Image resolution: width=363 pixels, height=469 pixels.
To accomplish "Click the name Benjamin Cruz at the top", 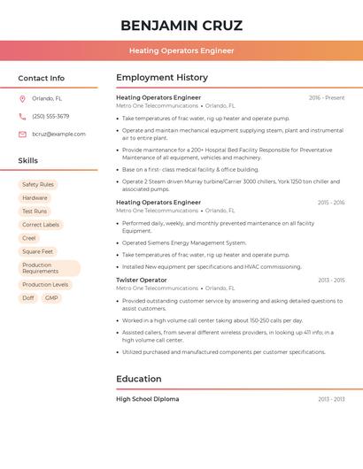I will (x=181, y=25).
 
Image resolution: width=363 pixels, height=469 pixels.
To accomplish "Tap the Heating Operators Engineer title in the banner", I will (x=181, y=50).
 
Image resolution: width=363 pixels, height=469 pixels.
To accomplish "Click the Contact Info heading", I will (x=42, y=78).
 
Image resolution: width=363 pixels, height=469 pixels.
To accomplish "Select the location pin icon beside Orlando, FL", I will (x=22, y=99).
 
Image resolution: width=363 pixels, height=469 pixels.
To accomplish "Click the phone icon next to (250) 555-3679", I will (x=22, y=116).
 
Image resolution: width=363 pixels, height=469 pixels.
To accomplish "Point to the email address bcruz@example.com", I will (x=58, y=134).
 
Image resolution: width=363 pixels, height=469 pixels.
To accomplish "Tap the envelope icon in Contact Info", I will (x=22, y=134).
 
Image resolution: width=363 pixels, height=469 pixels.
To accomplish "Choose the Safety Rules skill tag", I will (x=38, y=185).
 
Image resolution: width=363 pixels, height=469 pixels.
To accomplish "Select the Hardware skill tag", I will (x=35, y=198).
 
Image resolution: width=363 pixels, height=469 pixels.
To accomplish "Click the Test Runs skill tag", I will (x=35, y=211).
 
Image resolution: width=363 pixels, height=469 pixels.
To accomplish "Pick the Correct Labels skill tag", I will (x=41, y=225).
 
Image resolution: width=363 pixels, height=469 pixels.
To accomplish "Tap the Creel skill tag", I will (x=29, y=238).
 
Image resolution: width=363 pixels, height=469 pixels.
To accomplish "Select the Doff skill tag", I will (x=28, y=298).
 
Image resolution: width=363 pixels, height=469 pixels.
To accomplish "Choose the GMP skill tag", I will (x=51, y=298).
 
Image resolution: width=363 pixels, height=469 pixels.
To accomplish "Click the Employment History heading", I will (x=162, y=78).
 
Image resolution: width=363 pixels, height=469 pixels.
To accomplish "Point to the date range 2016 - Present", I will (x=327, y=98).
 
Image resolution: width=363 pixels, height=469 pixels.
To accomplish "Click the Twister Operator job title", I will (x=142, y=280).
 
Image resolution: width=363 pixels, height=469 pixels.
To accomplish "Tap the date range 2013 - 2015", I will (x=331, y=281).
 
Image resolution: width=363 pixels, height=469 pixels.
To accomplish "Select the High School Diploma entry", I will (x=148, y=399).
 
